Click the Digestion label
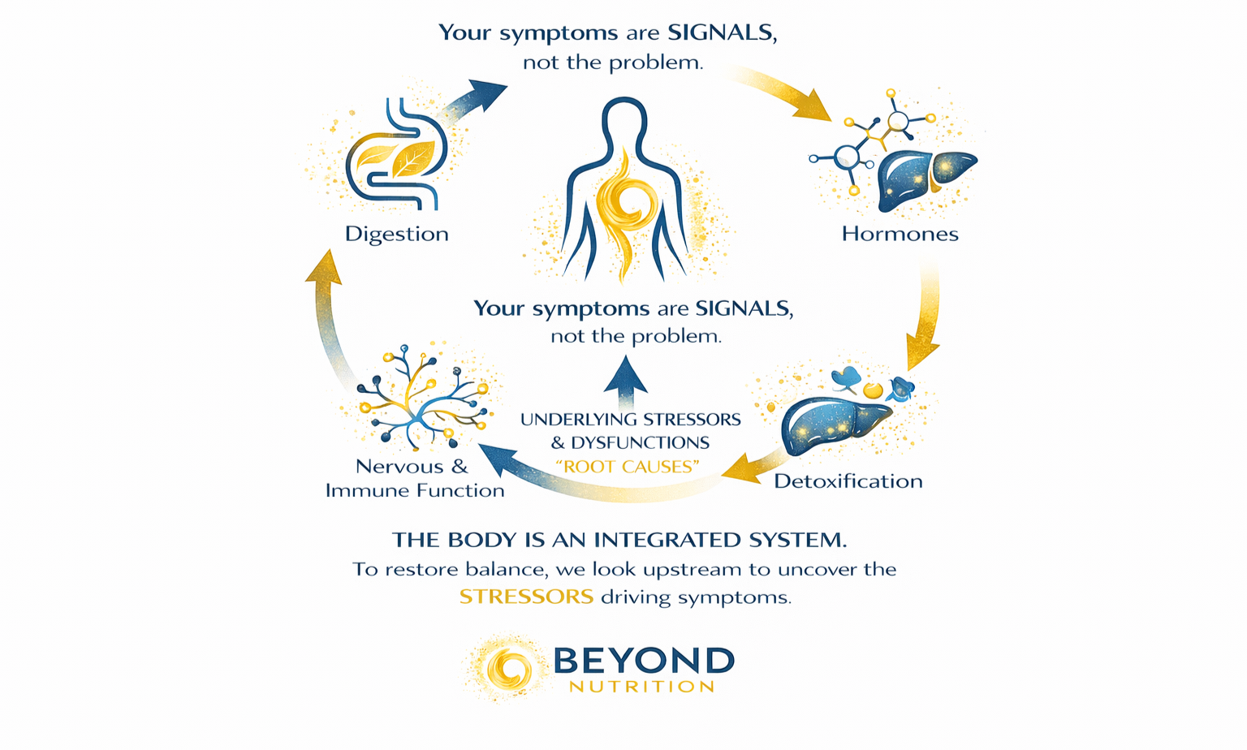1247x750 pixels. point(396,234)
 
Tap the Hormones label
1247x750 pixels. point(900,234)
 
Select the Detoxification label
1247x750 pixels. point(848,481)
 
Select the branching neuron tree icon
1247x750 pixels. point(422,398)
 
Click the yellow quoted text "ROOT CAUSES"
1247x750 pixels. point(628,467)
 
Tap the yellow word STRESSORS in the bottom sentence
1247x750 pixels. point(526,597)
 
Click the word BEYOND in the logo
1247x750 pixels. point(643,661)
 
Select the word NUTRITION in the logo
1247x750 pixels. point(641,687)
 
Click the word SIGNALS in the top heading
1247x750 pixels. point(720,33)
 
